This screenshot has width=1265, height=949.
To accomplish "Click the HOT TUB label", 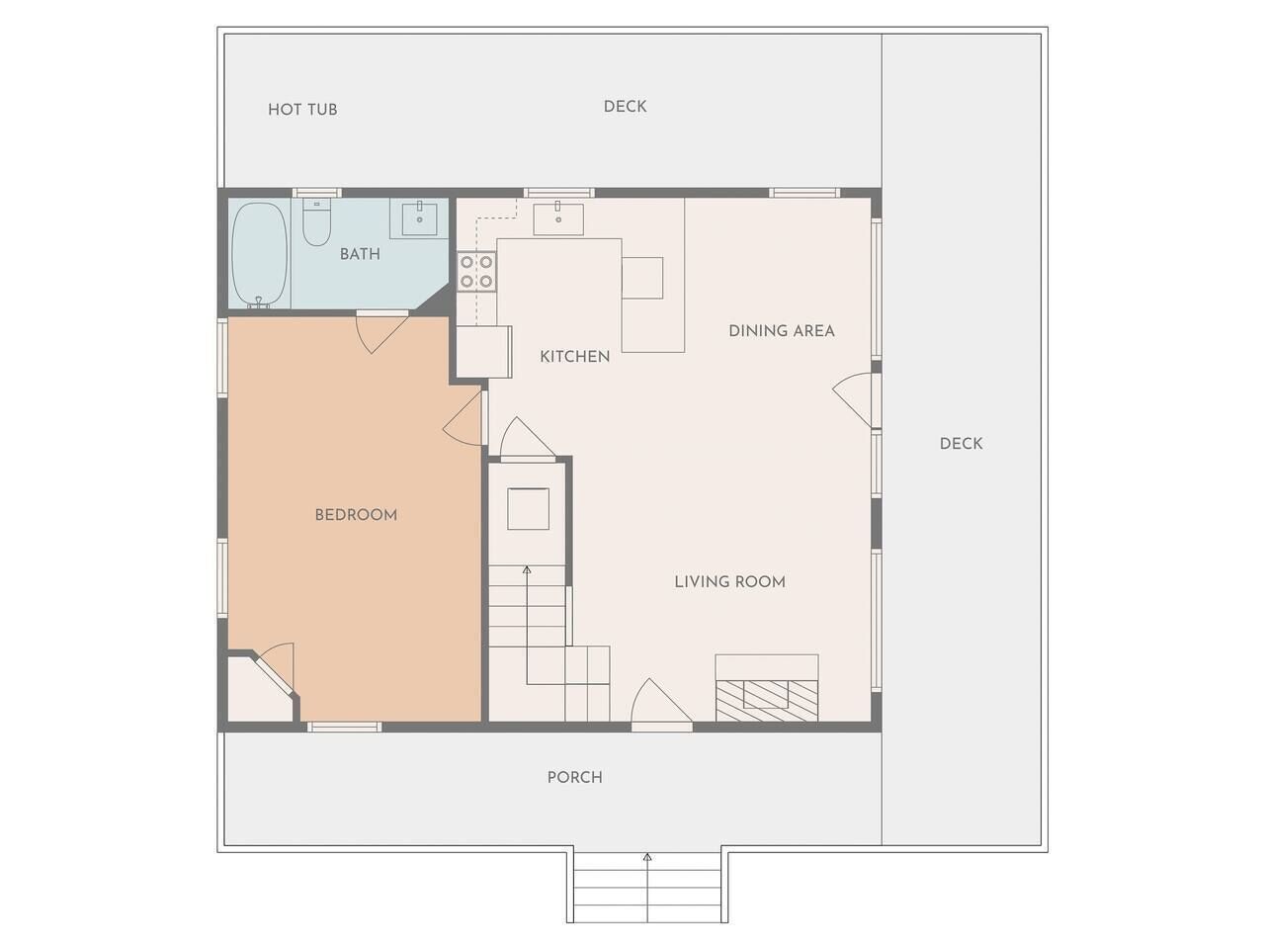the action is pos(302,110).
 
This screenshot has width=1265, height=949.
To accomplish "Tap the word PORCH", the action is pos(575,777).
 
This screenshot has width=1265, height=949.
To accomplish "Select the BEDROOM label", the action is pos(356,515).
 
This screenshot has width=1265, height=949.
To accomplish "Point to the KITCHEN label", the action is pos(574,357).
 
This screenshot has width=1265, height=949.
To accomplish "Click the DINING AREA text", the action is pos(782,331).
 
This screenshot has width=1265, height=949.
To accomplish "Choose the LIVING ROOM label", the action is pos(730,581).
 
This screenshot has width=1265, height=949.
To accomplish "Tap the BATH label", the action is pos(360,254).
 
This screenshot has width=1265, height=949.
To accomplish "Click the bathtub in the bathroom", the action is pos(259,255).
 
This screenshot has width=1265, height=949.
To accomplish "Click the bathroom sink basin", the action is pos(420,218).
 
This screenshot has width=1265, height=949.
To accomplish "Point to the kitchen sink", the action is pos(557,218).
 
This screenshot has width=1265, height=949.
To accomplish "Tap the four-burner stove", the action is pos(476,272).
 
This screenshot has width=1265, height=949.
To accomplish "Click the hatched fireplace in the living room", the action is pos(767,700).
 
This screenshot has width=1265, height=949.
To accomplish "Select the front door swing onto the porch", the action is pos(661,702).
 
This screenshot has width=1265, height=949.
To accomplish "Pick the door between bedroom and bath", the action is pos(381,333).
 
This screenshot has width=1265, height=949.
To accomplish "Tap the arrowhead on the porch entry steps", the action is pos(647,857).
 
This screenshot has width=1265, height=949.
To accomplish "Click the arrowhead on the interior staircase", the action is pos(526,569).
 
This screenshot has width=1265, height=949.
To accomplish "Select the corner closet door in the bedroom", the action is pos(276,668).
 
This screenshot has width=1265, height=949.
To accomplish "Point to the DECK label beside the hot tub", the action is pos(626,107).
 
